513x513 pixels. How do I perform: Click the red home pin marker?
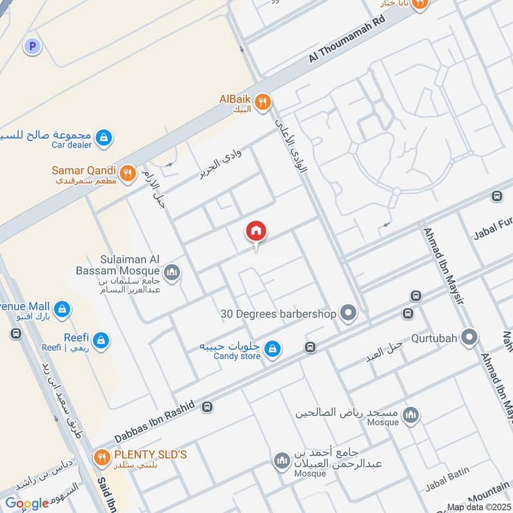(x=256, y=231)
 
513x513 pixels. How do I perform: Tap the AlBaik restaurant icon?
(x=262, y=101)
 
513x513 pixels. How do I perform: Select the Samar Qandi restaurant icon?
(x=128, y=172)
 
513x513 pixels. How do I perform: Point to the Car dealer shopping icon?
(x=103, y=137)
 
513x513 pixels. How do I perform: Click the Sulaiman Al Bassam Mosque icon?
(x=171, y=273)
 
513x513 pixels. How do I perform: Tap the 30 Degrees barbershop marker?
(x=348, y=314)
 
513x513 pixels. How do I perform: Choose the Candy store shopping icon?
(x=273, y=348)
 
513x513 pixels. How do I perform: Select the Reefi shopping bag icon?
(x=101, y=339)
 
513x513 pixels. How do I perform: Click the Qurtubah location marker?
(x=469, y=336)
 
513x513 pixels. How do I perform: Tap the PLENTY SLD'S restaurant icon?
(x=101, y=457)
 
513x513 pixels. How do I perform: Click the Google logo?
(x=27, y=503)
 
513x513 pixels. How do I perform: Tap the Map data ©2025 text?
(x=477, y=507)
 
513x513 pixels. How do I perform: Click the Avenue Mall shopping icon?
(x=62, y=308)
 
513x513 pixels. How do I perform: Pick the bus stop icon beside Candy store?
(x=310, y=347)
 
